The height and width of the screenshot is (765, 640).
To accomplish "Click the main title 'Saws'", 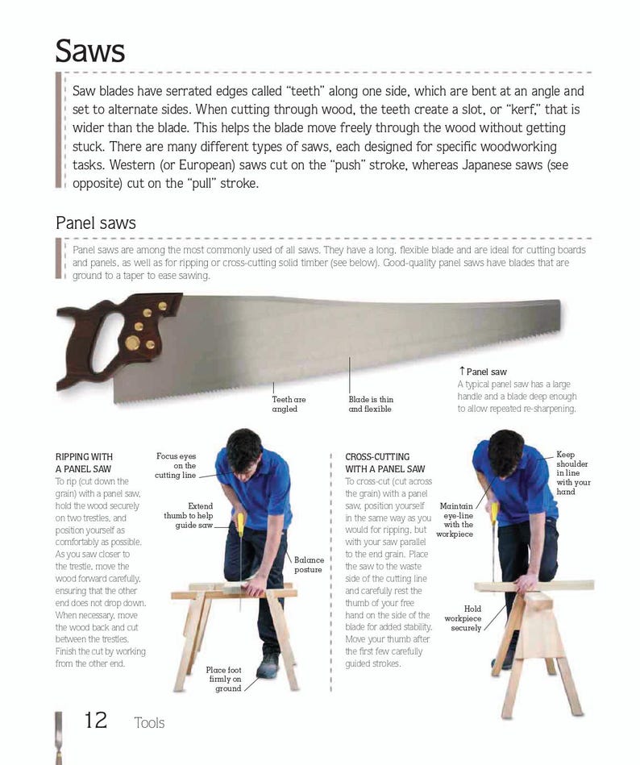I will tap(90, 51).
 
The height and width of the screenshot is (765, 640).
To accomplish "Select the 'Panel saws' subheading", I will tap(96, 222).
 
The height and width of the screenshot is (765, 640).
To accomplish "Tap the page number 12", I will tap(96, 720).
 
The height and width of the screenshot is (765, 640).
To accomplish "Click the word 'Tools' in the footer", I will tap(149, 722).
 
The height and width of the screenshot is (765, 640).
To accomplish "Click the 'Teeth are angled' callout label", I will tap(289, 404).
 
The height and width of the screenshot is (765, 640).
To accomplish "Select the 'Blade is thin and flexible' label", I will tap(371, 404).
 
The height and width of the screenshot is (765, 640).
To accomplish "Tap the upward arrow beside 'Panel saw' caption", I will tap(462, 371).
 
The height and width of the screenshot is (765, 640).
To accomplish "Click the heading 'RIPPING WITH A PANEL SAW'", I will tap(84, 463).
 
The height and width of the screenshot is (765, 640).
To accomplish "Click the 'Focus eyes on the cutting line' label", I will tap(176, 466).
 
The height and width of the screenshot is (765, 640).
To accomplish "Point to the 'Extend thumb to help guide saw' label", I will tap(189, 516).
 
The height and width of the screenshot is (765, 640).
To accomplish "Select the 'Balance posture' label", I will tap(308, 564).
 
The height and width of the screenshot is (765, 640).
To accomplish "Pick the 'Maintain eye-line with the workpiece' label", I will tap(455, 520).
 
